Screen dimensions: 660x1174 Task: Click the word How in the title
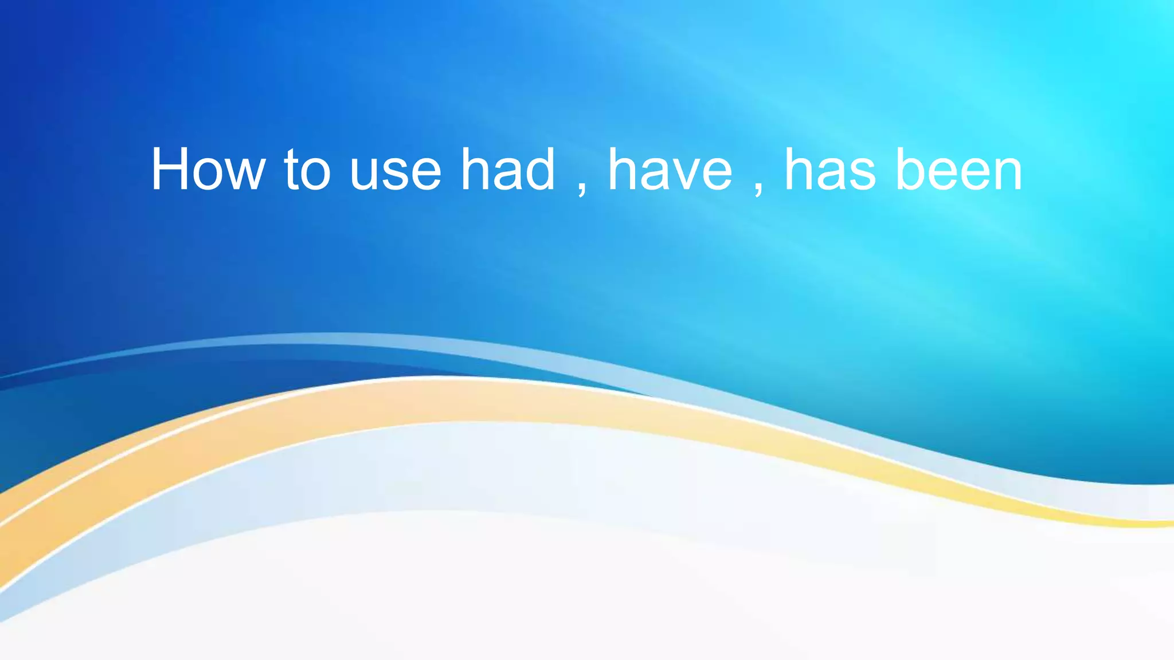point(208,170)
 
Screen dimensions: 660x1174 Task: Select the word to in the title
point(307,170)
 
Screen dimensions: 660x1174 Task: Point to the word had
point(508,170)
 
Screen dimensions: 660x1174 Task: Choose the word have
point(670,170)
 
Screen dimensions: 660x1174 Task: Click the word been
point(958,170)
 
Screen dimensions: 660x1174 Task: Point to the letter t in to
point(292,170)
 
